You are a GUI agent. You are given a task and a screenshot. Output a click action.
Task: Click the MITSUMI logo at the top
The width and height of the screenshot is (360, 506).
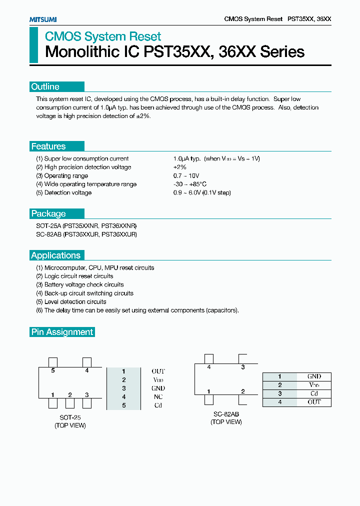pos(42,19)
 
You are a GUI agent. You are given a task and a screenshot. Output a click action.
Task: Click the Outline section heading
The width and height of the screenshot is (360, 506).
pos(45,86)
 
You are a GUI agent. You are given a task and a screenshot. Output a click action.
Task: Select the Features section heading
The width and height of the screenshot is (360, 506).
pos(48,146)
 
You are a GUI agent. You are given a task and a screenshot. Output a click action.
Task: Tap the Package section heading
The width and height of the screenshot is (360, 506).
pos(48,213)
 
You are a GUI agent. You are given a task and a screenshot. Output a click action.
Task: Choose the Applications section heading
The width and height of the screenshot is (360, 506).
pos(55,255)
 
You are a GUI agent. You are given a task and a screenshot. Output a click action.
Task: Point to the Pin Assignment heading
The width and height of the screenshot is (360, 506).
pos(62,332)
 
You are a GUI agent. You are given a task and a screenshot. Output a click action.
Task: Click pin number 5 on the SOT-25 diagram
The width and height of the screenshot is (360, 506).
pos(52,370)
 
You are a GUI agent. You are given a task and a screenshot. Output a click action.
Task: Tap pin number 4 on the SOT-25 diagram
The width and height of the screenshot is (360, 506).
pos(87,370)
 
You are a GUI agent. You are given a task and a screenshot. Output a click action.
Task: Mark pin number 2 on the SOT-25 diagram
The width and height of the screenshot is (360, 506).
pos(70,395)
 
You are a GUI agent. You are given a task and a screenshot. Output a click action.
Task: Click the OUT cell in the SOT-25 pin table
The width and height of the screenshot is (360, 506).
pos(158,371)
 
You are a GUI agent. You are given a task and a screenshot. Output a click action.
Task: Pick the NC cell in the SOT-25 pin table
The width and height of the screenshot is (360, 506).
pos(158,397)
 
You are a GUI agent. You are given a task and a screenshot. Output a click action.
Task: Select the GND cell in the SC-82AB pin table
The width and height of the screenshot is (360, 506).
pos(314,376)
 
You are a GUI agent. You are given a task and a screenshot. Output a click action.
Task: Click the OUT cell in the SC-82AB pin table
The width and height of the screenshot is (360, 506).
pos(314,402)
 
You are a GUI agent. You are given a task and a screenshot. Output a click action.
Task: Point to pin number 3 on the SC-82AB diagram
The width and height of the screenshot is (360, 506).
pos(243,367)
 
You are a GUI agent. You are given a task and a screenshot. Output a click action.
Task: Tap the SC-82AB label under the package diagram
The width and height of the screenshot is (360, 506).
pos(226,414)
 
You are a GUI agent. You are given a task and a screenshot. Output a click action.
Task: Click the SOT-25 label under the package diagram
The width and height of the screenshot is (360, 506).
pos(70,417)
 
